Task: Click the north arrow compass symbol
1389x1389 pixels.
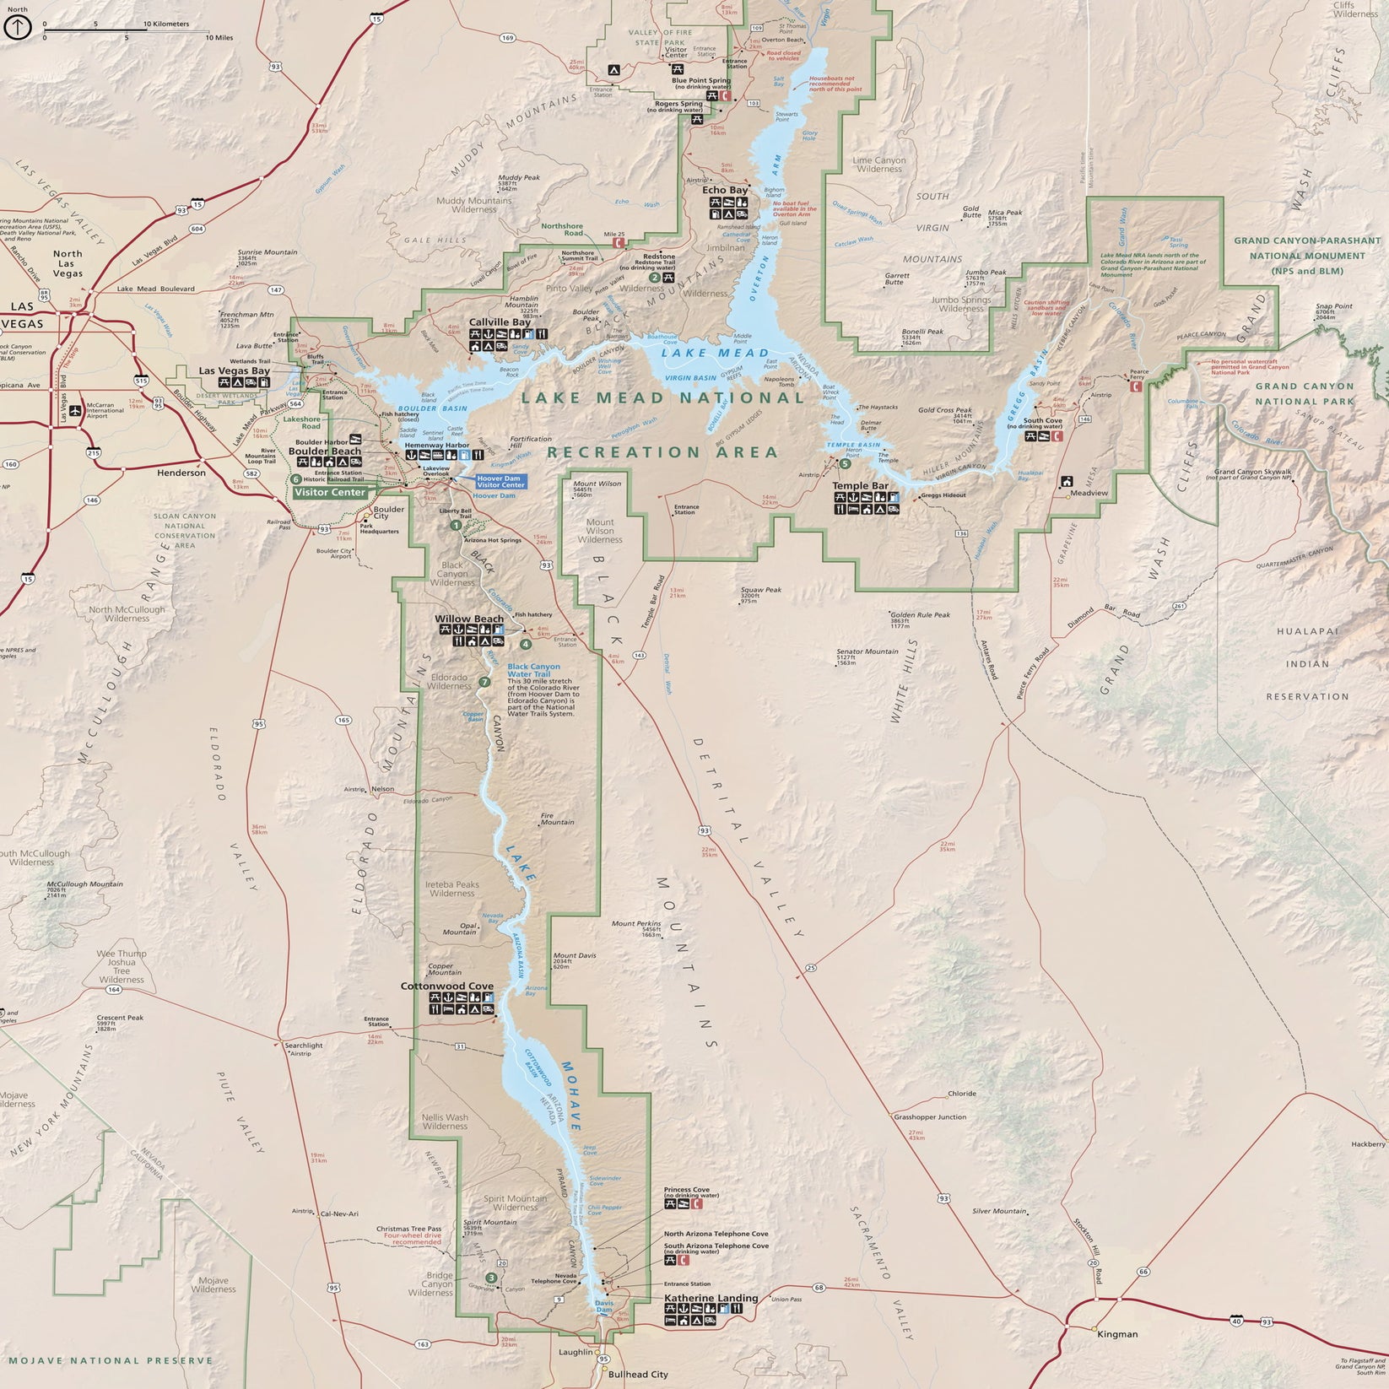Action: point(18,27)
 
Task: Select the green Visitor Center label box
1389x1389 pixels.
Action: point(330,492)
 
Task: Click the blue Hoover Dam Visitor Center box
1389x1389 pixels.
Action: point(500,481)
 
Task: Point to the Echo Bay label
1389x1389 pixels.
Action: point(725,190)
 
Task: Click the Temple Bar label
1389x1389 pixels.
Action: point(860,486)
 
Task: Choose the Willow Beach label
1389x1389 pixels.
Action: point(468,619)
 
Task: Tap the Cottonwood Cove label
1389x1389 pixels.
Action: point(446,986)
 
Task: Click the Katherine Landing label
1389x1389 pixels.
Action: point(711,1298)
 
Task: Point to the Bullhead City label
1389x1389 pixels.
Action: point(637,1374)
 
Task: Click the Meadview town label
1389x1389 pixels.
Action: point(1089,493)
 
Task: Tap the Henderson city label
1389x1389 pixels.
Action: point(181,473)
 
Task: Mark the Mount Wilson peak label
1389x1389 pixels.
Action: point(597,484)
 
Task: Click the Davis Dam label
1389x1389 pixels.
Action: point(604,1306)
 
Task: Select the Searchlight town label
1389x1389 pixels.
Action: point(303,1046)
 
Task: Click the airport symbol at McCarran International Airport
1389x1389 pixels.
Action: point(75,410)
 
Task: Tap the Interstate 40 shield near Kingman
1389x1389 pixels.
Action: point(1237,1319)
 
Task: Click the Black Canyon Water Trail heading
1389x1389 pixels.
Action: point(533,670)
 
